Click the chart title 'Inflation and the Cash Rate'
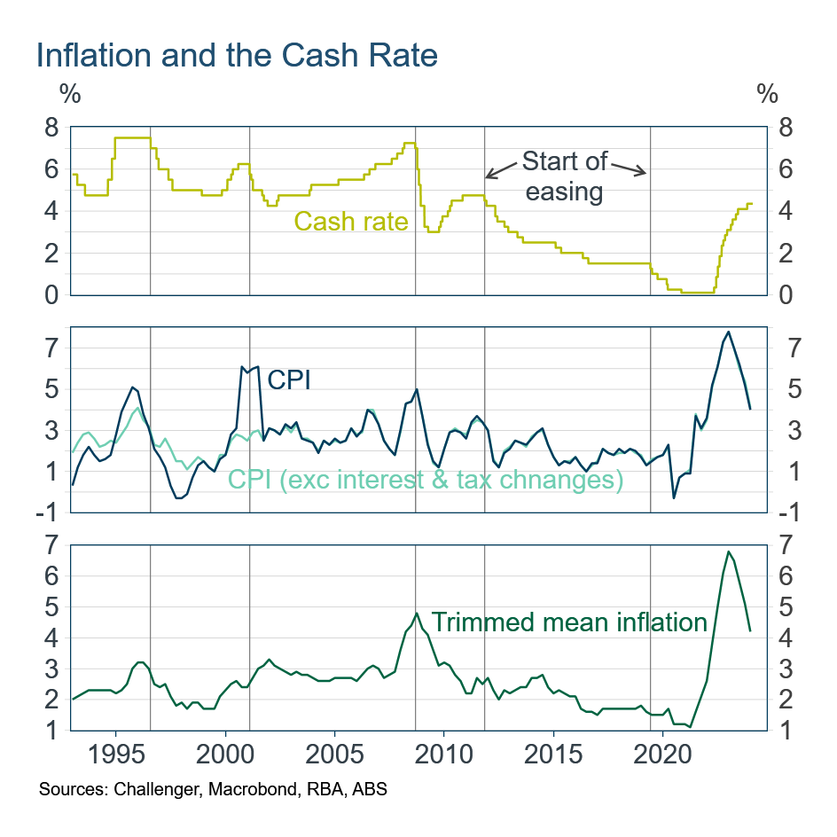click(237, 56)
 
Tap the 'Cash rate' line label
click(350, 221)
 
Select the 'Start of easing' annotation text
click(564, 176)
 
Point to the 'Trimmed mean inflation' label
click(569, 622)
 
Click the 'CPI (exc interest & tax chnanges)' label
click(426, 480)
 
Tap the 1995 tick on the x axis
click(115, 759)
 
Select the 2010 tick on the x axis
click(442, 759)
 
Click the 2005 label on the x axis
click(334, 759)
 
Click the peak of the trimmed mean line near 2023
click(728, 551)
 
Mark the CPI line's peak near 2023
click(728, 332)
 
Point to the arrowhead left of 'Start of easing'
click(489, 174)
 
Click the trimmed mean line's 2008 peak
click(416, 614)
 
